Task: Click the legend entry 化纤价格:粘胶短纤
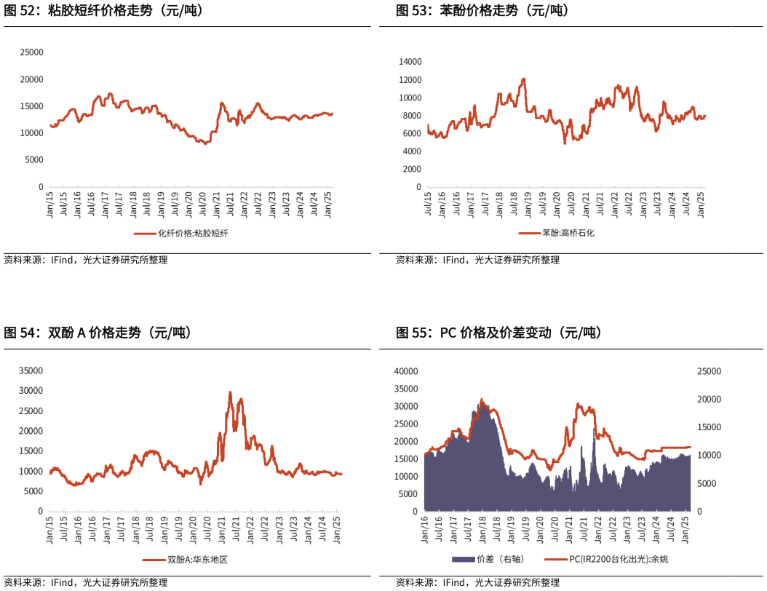pyautogui.click(x=187, y=234)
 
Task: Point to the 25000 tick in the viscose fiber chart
pyautogui.click(x=32, y=52)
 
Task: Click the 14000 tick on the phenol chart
pyautogui.click(x=410, y=62)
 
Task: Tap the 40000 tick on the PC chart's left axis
pyautogui.click(x=406, y=371)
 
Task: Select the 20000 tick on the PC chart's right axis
pyautogui.click(x=710, y=400)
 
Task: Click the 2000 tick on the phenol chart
pyautogui.click(x=413, y=169)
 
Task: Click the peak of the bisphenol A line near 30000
pyautogui.click(x=230, y=392)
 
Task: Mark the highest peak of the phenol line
pyautogui.click(x=523, y=79)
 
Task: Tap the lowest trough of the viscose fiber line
pyautogui.click(x=205, y=143)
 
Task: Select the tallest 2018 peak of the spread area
pyautogui.click(x=481, y=400)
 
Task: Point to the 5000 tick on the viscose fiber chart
pyautogui.click(x=34, y=159)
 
